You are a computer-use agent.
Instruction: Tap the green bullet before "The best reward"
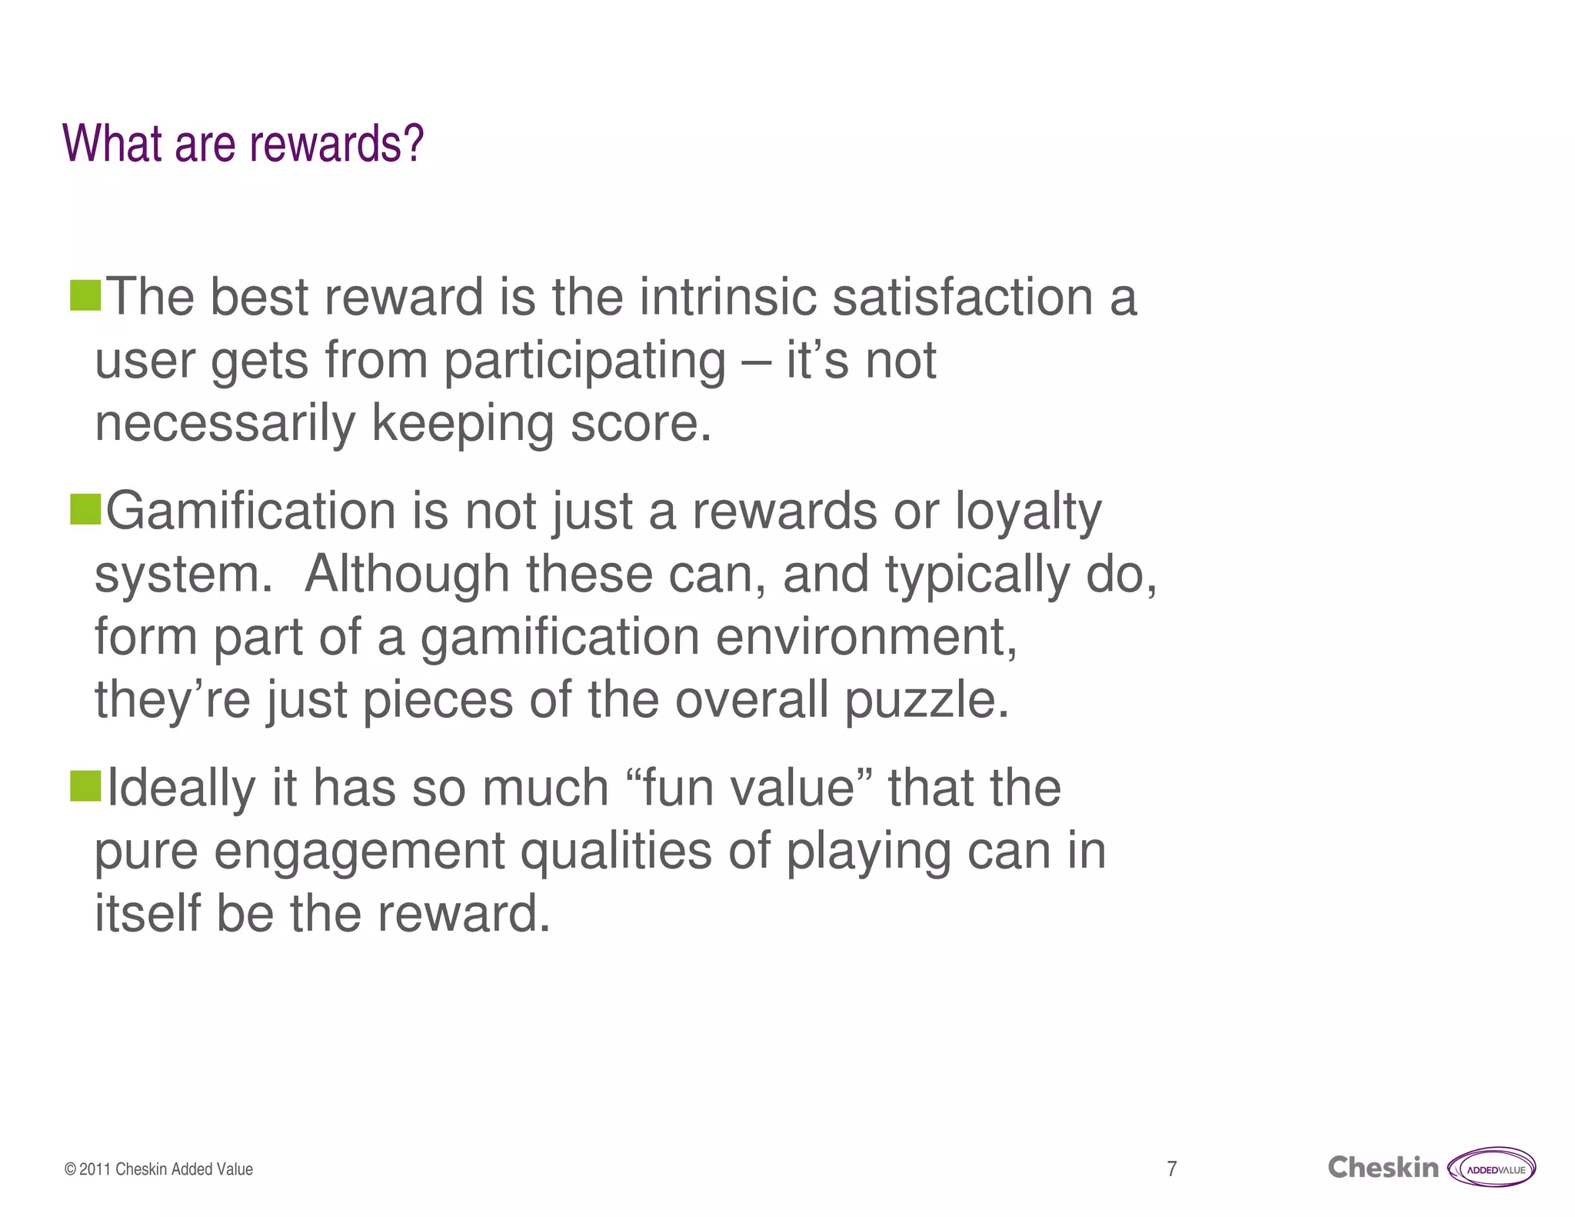[x=85, y=295]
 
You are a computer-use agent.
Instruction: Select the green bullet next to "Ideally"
[x=85, y=786]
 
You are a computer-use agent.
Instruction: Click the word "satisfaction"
[x=962, y=298]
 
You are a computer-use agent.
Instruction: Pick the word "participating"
[x=584, y=362]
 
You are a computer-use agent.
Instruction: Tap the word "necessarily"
[x=225, y=425]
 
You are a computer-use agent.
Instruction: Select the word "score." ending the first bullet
[x=641, y=425]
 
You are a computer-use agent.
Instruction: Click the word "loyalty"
[x=1028, y=512]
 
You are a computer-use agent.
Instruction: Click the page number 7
[x=1171, y=1169]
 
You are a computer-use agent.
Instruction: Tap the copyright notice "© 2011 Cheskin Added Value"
[x=159, y=1169]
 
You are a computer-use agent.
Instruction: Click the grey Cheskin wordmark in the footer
[x=1382, y=1168]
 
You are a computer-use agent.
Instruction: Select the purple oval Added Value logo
[x=1492, y=1168]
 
